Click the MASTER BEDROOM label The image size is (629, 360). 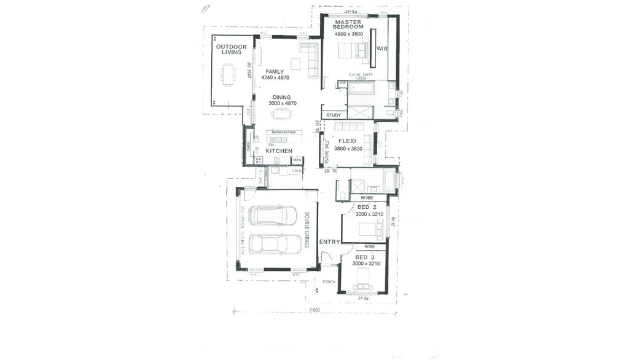click(x=348, y=25)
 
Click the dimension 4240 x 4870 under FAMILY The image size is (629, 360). click(x=275, y=78)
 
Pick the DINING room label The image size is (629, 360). click(x=282, y=97)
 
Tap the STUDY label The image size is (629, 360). click(x=334, y=115)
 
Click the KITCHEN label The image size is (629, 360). click(x=278, y=151)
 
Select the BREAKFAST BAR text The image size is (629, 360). click(x=283, y=132)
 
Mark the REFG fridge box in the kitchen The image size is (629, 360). click(x=297, y=160)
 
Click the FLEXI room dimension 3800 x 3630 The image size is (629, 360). click(x=348, y=149)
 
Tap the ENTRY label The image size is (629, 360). click(x=329, y=242)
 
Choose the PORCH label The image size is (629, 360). click(x=329, y=282)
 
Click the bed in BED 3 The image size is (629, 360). click(x=363, y=284)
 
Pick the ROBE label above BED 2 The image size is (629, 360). click(x=366, y=198)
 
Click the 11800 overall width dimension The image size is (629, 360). click(x=314, y=310)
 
